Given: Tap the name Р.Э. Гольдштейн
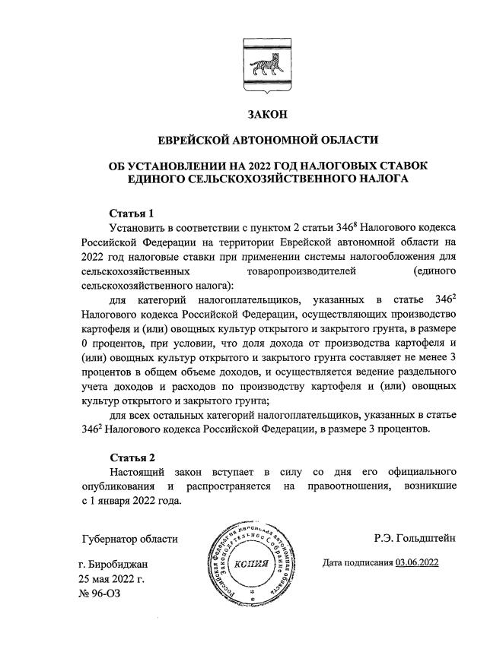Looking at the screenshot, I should [x=415, y=539].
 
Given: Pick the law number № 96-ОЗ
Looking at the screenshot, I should [x=100, y=593].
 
